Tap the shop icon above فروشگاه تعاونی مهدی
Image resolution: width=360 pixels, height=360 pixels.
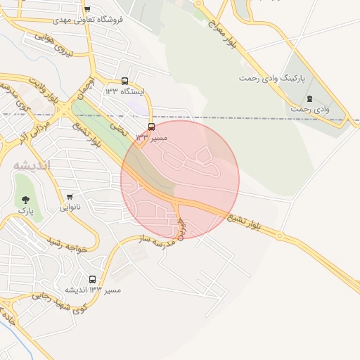[87, 9]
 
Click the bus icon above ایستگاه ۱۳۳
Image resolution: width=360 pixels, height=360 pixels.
[124, 81]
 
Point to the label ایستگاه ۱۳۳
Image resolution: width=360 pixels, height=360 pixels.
[124, 91]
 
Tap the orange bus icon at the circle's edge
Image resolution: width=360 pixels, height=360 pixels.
[151, 127]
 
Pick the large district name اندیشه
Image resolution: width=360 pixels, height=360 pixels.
[32, 165]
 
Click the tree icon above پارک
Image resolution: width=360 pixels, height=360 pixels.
[26, 200]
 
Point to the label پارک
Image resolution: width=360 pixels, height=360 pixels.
[25, 210]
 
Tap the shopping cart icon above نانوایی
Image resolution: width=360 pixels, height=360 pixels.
[70, 197]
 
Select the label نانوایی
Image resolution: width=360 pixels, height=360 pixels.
[68, 207]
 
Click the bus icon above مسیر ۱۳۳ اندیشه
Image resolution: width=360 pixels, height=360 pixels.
[93, 279]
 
